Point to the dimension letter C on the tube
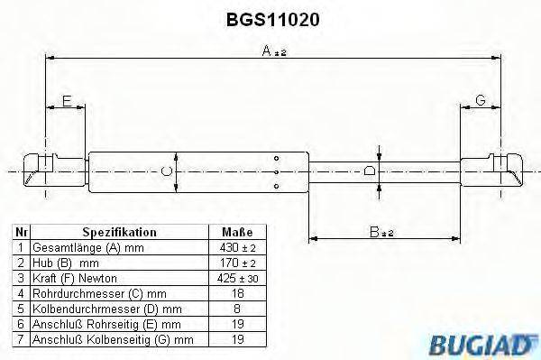[x=165, y=170]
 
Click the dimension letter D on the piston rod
[x=368, y=170]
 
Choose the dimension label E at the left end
[x=66, y=101]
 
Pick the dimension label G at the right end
[x=481, y=101]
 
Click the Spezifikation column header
[x=119, y=231]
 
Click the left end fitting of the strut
[x=41, y=170]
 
